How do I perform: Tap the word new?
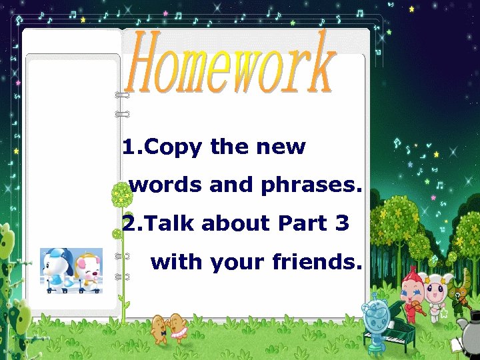coord(277,147)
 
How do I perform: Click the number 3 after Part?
coord(342,223)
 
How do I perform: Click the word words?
coord(166,185)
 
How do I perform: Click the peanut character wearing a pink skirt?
coord(177,327)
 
